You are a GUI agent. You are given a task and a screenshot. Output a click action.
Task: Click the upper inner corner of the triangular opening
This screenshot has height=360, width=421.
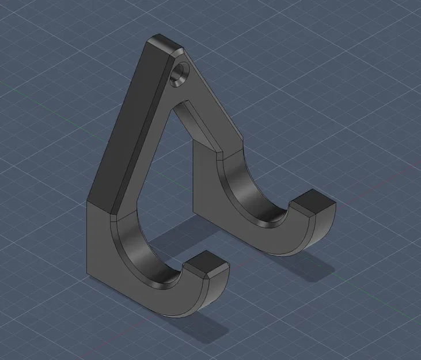click(x=185, y=104)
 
